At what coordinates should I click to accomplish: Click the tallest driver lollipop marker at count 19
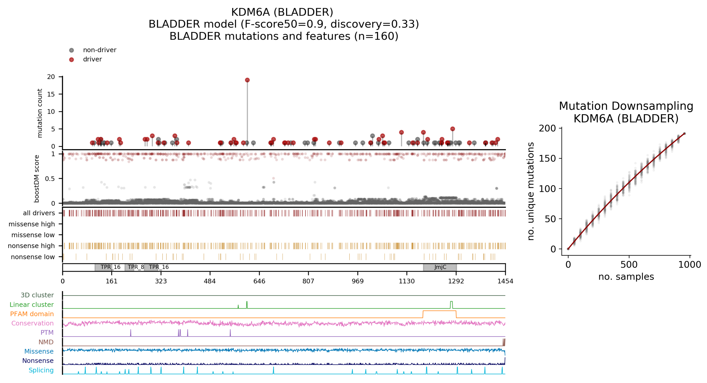(x=247, y=80)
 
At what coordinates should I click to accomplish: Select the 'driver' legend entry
(x=92, y=59)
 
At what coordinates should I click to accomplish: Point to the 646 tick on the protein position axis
(x=259, y=281)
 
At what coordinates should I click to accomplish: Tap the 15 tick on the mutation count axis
(x=51, y=94)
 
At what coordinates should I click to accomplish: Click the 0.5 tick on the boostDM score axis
(x=50, y=179)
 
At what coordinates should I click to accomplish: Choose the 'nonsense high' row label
(x=31, y=246)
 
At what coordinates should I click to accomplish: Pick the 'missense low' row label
(x=33, y=235)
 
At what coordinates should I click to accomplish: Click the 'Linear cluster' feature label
(x=32, y=305)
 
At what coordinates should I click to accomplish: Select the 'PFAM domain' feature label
(x=32, y=314)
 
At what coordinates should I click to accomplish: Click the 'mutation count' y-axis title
(x=40, y=113)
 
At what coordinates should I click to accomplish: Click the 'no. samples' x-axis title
(x=626, y=277)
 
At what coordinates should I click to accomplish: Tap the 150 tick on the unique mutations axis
(x=547, y=159)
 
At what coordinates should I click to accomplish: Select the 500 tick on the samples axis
(x=629, y=264)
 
